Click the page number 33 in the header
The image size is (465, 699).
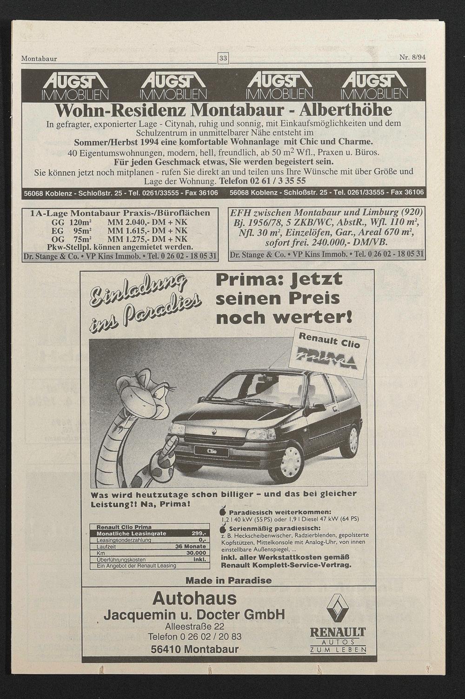pyautogui.click(x=223, y=59)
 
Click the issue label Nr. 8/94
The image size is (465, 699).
pyautogui.click(x=412, y=58)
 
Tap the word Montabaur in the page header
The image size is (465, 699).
pyautogui.click(x=39, y=59)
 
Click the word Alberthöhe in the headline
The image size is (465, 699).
pyautogui.click(x=345, y=110)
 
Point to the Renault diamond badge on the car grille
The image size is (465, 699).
pyautogui.click(x=215, y=432)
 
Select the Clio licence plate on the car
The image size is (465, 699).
pyautogui.click(x=212, y=451)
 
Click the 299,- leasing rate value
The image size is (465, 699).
pyautogui.click(x=199, y=534)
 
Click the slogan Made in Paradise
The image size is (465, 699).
pyautogui.click(x=228, y=580)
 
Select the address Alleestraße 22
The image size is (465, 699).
pyautogui.click(x=194, y=626)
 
